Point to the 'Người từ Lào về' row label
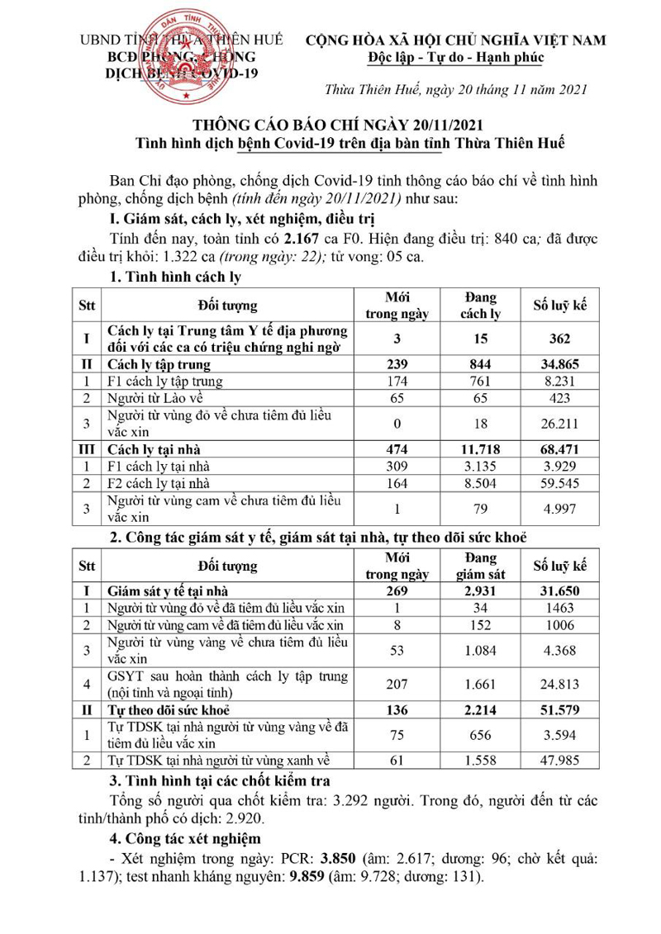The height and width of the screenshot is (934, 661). [x=156, y=397]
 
